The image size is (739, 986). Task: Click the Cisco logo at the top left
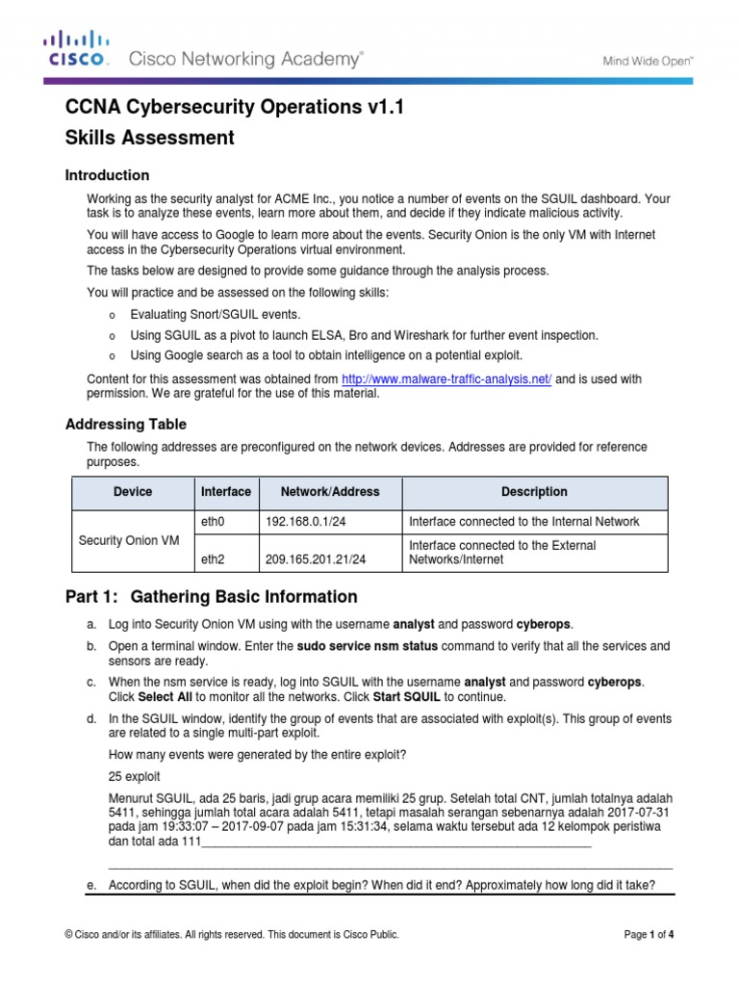[x=76, y=49]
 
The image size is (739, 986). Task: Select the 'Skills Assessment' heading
[x=149, y=138]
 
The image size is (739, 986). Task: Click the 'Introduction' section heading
[x=107, y=175]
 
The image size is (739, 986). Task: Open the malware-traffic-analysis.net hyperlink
[x=446, y=379]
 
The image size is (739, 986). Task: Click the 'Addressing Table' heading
[x=125, y=424]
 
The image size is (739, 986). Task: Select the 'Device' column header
[x=133, y=492]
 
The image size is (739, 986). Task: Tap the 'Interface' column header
[x=226, y=492]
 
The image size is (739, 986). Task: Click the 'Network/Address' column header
[x=330, y=492]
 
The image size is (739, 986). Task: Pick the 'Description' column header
[x=534, y=492]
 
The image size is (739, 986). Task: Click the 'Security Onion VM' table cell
[x=129, y=540]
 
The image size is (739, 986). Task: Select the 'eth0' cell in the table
[x=212, y=522]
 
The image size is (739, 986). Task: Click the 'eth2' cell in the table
[x=212, y=559]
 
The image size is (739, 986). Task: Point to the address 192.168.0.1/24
[x=303, y=522]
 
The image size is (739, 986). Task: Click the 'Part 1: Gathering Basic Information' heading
[x=211, y=597]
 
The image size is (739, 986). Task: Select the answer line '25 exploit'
[x=135, y=775]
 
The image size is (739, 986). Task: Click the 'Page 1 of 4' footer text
[x=650, y=934]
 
